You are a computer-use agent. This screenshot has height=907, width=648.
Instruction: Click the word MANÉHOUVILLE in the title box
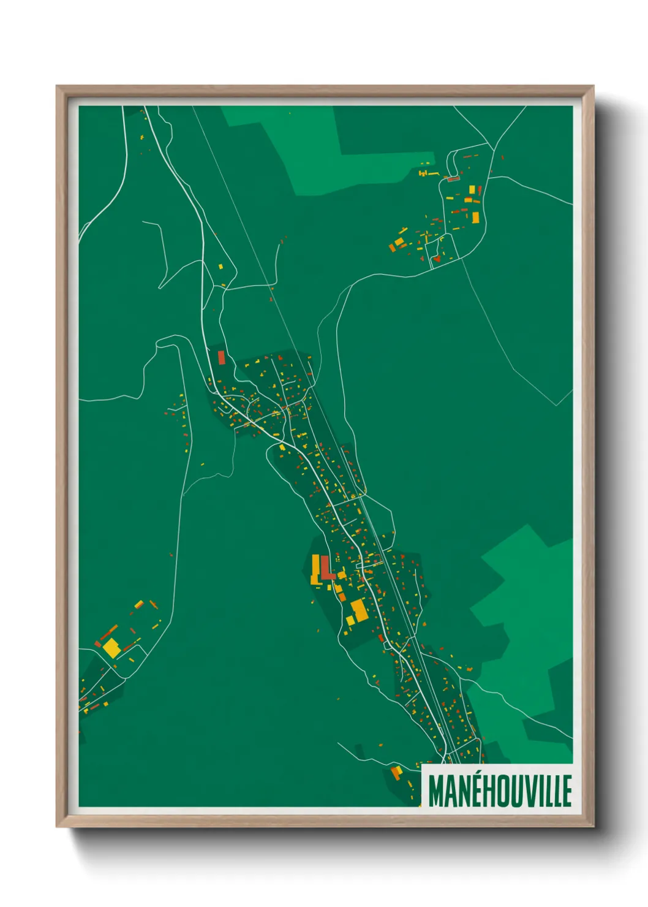(499, 791)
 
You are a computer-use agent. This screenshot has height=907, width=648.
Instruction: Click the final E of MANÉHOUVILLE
(567, 791)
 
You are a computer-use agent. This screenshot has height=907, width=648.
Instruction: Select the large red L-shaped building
(326, 569)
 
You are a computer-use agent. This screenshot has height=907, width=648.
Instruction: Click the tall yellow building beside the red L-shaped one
(315, 568)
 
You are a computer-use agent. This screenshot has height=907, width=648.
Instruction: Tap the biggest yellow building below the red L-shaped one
(358, 611)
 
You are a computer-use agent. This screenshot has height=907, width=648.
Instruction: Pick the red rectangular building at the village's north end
(221, 357)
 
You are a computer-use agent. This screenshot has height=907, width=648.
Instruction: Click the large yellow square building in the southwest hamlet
(111, 648)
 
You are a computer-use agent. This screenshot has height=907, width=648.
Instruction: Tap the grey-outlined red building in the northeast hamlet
(453, 179)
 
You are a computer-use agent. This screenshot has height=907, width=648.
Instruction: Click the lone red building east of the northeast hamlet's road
(502, 157)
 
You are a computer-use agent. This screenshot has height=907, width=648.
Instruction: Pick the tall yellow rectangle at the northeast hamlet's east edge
(475, 217)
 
